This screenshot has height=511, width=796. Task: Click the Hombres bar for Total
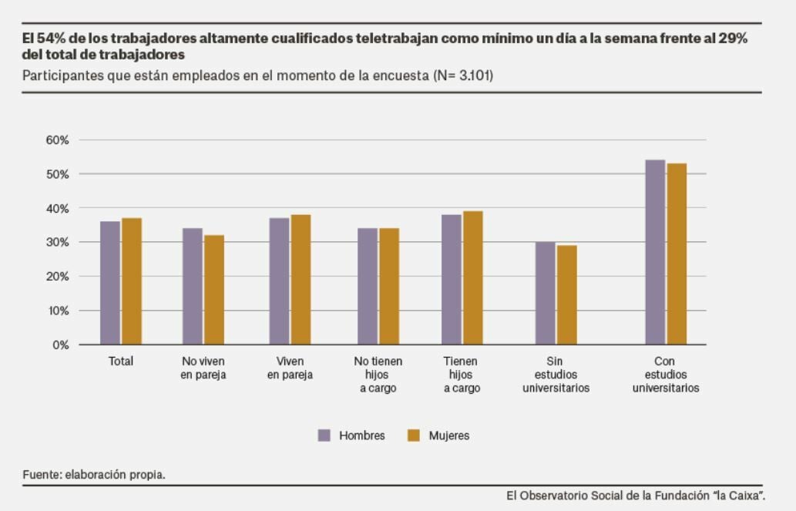pyautogui.click(x=110, y=283)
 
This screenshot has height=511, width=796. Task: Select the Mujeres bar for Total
pyautogui.click(x=132, y=281)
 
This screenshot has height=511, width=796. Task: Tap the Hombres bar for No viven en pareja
pyautogui.click(x=193, y=286)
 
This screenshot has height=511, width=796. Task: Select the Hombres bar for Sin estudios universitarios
pyautogui.click(x=545, y=293)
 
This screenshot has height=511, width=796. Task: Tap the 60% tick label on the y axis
pyautogui.click(x=57, y=140)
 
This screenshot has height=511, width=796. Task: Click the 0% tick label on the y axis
pyautogui.click(x=61, y=345)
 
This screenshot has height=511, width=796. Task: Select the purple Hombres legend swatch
pyautogui.click(x=324, y=435)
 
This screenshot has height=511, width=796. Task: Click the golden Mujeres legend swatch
pyautogui.click(x=414, y=435)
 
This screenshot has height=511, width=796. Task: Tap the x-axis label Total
pyautogui.click(x=121, y=361)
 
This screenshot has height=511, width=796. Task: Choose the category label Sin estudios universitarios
pyautogui.click(x=556, y=375)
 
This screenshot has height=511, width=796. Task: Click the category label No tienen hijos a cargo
pyautogui.click(x=378, y=375)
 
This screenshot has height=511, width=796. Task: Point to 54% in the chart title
pyautogui.click(x=50, y=39)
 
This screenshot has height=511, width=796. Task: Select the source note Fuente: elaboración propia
pyautogui.click(x=94, y=474)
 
